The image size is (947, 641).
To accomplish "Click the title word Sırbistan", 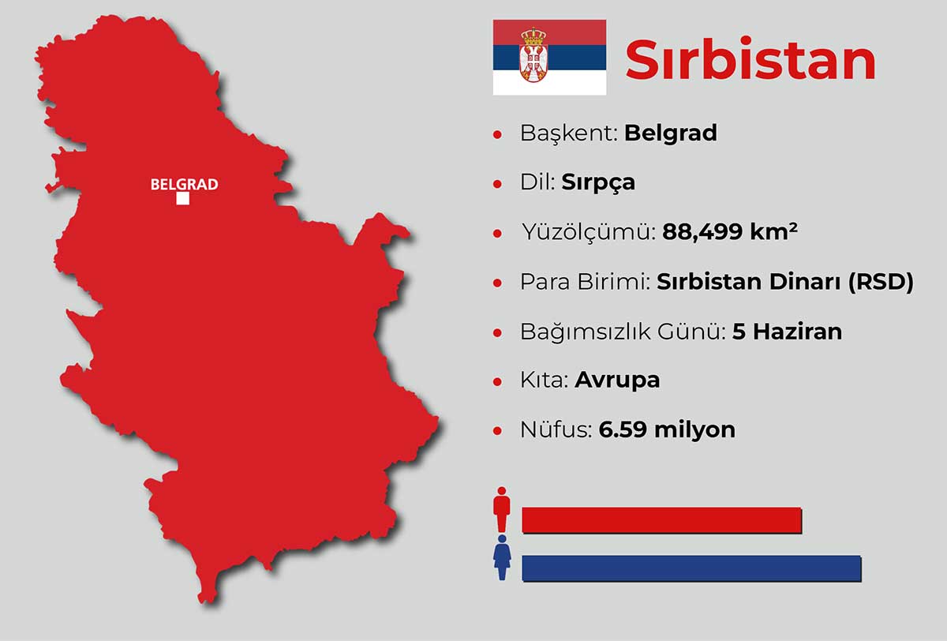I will click(x=750, y=61).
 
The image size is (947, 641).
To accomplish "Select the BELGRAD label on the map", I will click(x=184, y=185).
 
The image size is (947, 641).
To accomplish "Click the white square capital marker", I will click(x=182, y=199).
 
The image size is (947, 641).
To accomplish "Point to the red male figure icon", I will click(x=502, y=510).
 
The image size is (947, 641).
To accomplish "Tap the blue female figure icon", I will click(x=502, y=558).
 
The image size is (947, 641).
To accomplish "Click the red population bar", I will click(x=661, y=520).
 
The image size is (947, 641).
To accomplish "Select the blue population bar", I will click(x=691, y=568).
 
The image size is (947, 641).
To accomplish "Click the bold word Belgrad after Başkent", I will click(x=670, y=133).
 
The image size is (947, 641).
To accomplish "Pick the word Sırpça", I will click(x=598, y=182).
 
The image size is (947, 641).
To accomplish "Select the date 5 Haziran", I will click(x=787, y=332).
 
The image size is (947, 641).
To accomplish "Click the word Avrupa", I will click(x=617, y=380).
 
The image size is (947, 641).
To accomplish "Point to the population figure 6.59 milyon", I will click(x=667, y=430).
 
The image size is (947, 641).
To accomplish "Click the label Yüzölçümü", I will click(x=588, y=233).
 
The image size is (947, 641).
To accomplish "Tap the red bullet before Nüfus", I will click(x=497, y=431).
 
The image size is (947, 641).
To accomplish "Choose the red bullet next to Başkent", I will click(x=497, y=134).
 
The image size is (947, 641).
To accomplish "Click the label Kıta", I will click(x=544, y=380).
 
